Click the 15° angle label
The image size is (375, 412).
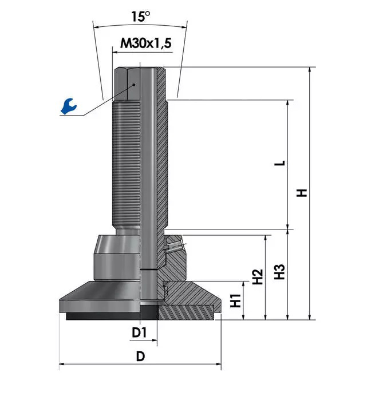pos(141,17)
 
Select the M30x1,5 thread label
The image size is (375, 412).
pos(145,43)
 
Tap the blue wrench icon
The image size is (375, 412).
pos(69,106)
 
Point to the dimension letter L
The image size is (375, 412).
pos(280,163)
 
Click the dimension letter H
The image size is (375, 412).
pos(302,193)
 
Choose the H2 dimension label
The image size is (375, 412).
pos(258,277)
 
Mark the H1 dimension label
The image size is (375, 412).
pos(236,300)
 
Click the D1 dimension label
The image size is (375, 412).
pos(139,332)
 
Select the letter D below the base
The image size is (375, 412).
pos(140,356)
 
